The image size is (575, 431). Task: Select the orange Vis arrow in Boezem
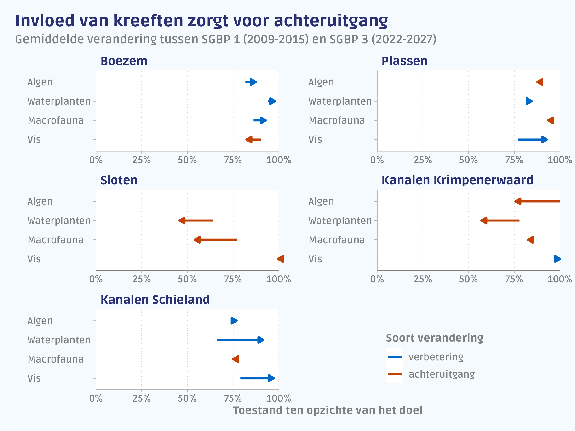(253, 140)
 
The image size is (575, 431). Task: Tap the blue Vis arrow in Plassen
(533, 140)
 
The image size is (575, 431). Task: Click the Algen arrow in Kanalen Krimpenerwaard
(537, 201)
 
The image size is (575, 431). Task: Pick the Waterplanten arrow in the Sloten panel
(195, 221)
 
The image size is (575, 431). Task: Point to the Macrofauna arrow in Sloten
(215, 240)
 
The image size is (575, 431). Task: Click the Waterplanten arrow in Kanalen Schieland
(240, 340)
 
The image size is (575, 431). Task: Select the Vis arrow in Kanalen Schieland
(257, 378)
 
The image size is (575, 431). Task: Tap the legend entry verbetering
(436, 357)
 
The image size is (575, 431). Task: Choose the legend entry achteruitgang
(441, 374)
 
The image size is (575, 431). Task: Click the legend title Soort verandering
(434, 338)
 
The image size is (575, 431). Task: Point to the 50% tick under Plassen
(468, 160)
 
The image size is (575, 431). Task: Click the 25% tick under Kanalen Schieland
(141, 398)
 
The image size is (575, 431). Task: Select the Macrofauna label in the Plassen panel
(337, 120)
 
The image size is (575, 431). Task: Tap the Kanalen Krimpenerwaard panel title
(457, 180)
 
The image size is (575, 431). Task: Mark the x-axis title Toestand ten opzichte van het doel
(328, 410)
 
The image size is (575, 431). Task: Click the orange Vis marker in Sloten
(281, 259)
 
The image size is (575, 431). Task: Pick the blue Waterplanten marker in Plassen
(529, 101)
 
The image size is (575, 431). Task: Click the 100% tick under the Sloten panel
(279, 279)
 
